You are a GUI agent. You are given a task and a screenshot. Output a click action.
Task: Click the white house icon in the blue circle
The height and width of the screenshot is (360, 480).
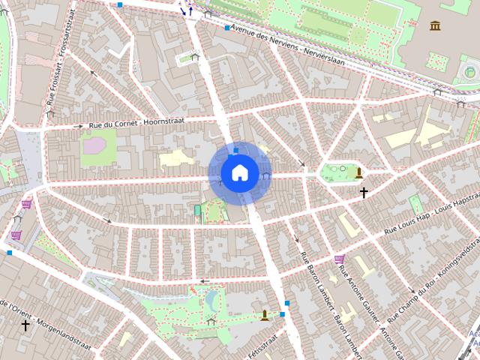(x=240, y=172)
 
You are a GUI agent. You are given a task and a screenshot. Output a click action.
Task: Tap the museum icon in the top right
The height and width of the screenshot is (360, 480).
(x=436, y=26)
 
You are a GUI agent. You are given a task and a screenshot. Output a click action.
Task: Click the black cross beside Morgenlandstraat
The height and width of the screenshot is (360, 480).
(x=25, y=325)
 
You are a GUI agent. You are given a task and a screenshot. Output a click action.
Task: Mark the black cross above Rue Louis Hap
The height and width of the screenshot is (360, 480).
(x=364, y=193)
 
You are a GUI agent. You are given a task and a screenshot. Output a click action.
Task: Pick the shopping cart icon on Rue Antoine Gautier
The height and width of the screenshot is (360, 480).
(x=339, y=259)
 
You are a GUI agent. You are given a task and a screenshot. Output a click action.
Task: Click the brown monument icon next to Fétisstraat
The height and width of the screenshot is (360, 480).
(x=265, y=316)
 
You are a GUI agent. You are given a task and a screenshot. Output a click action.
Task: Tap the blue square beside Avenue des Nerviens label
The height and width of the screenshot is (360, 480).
(x=227, y=28)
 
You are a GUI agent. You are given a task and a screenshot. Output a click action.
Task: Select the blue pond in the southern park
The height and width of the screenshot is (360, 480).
(x=212, y=301)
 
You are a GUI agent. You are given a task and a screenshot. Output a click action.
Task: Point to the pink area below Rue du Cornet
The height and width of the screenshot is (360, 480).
(x=94, y=145)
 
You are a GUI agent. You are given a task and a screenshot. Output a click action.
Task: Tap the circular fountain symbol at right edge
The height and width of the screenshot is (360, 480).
(x=470, y=73)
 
